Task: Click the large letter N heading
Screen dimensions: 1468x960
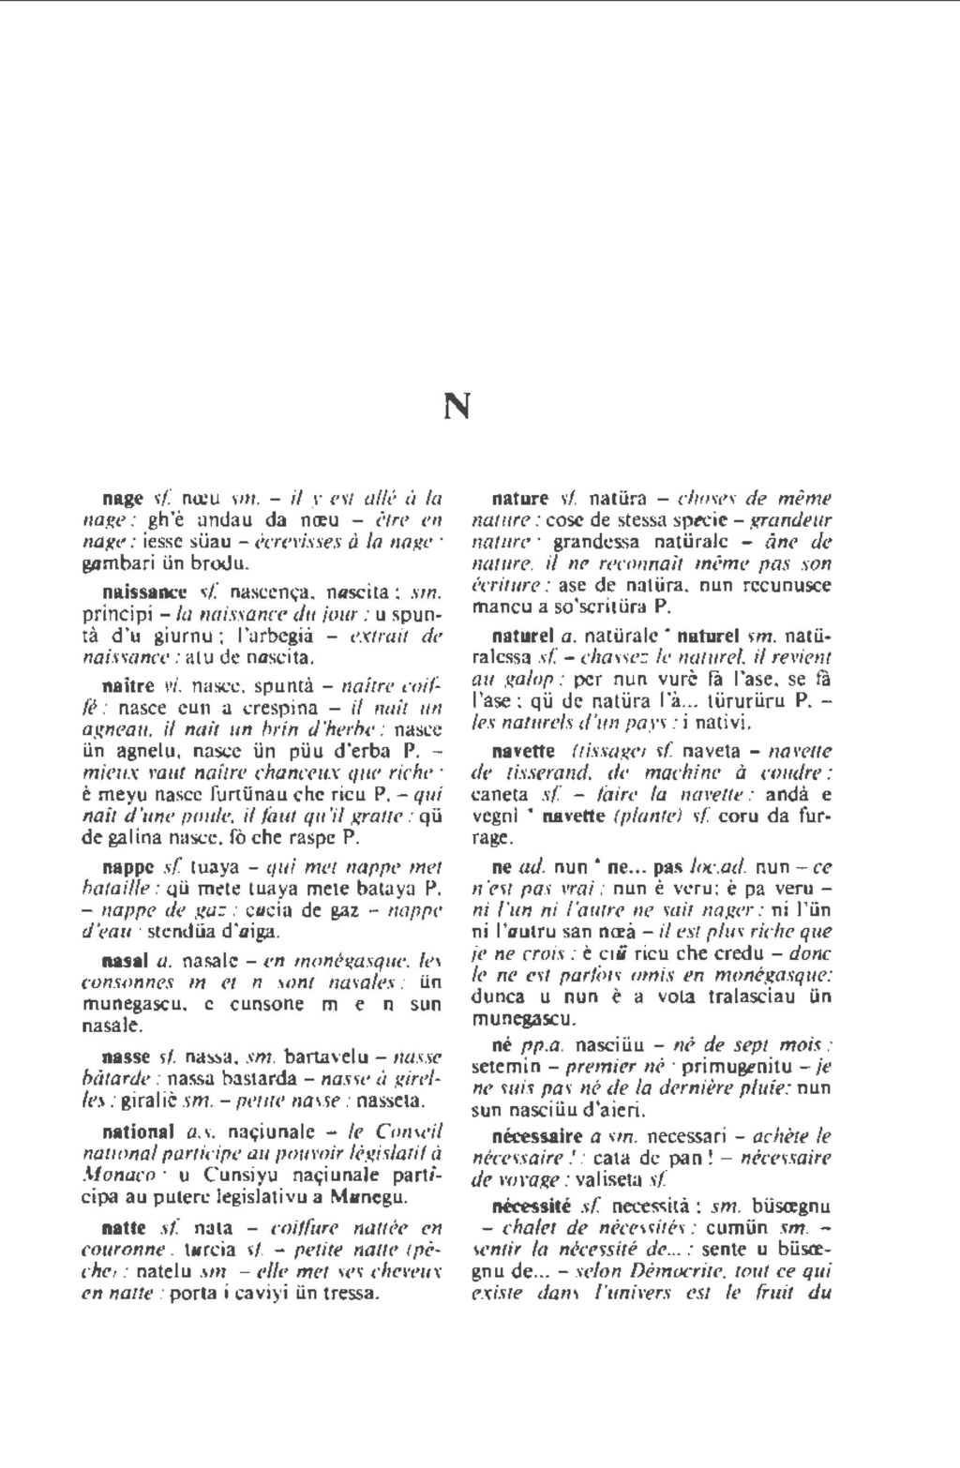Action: (x=456, y=406)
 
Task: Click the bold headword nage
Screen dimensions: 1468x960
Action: (x=123, y=498)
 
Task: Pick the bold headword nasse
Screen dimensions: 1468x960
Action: (x=126, y=1056)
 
